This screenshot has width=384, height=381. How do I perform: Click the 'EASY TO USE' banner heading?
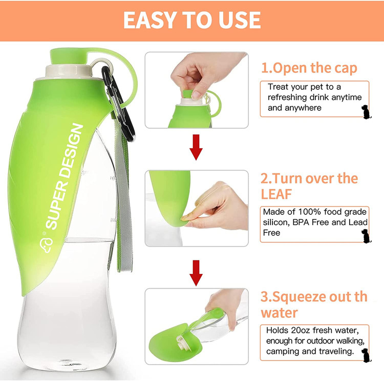coord(192,20)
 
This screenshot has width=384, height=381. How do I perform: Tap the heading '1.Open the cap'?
coord(309,68)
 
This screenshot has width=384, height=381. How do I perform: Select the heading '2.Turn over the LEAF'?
coord(309,186)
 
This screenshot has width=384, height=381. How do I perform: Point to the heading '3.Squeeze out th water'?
coord(314,305)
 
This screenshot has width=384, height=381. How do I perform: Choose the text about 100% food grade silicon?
coord(314,222)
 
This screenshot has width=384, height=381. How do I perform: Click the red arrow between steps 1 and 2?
coord(196,147)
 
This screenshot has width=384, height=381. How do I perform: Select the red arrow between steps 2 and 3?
coord(196,273)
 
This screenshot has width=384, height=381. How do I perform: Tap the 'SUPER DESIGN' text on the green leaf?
coord(65,176)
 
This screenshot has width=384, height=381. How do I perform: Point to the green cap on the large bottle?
coord(69,56)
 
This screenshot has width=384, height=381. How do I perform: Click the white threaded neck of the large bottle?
coord(69,71)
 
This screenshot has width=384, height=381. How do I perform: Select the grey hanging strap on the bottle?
coord(124,196)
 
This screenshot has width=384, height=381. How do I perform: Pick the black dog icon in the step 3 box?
coord(366,355)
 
